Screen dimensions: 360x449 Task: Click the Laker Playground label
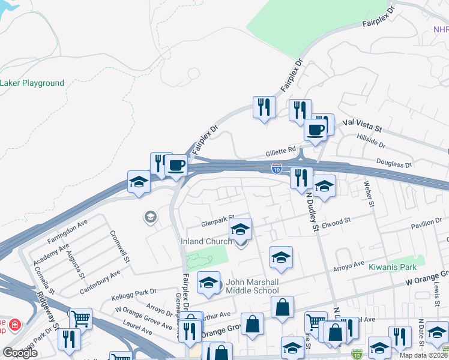[32, 83]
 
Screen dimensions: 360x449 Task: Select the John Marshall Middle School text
[252, 286]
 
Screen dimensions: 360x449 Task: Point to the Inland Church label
[206, 242]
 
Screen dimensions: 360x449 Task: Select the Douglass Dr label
[394, 163]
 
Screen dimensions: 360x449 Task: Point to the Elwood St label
[336, 223]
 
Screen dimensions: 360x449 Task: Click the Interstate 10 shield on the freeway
[276, 170]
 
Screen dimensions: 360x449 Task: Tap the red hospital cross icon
[14, 325]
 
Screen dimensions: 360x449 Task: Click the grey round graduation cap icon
[149, 217]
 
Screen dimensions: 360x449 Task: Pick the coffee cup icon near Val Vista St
[315, 130]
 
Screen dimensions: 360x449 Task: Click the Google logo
[20, 353]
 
